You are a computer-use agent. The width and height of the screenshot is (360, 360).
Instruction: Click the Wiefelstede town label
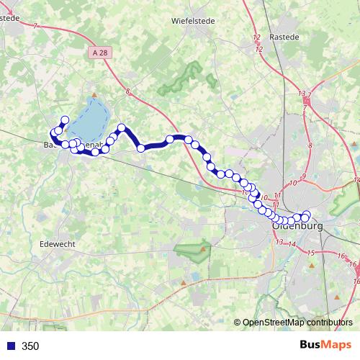pyautogui.click(x=189, y=22)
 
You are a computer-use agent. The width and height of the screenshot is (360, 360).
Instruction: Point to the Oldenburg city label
pyautogui.click(x=299, y=227)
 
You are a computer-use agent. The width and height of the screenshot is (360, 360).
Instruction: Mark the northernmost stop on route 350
pyautogui.click(x=65, y=120)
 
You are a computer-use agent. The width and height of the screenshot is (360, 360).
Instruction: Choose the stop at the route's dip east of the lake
pyautogui.click(x=141, y=148)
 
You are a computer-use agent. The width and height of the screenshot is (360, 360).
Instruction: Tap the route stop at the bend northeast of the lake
pyautogui.click(x=122, y=128)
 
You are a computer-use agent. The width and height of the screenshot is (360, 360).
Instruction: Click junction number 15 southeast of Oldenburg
pyautogui.click(x=310, y=253)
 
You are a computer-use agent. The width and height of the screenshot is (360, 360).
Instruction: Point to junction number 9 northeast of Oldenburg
pyautogui.click(x=304, y=177)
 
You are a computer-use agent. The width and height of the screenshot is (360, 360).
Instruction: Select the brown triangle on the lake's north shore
pyautogui.click(x=94, y=94)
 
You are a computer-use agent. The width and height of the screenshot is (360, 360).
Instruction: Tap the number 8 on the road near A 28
pyautogui.click(x=127, y=91)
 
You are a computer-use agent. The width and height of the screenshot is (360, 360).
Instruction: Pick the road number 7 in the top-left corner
pyautogui.click(x=35, y=26)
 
